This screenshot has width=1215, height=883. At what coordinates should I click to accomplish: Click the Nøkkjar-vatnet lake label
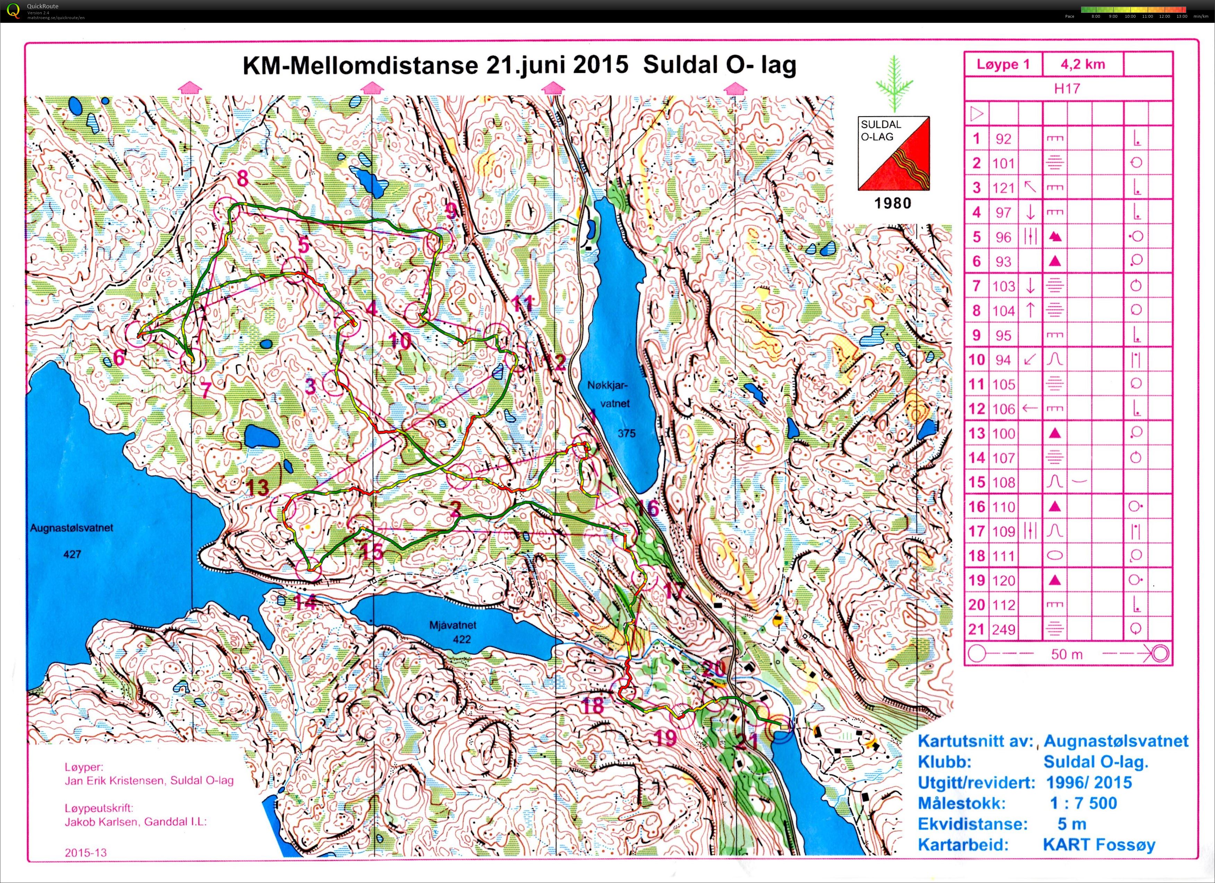pos(610,394)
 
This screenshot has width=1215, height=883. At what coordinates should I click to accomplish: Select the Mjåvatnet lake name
pos(453,625)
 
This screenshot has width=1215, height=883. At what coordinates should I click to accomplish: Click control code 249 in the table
pos(1003,630)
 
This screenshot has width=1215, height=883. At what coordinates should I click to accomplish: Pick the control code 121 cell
pos(1003,188)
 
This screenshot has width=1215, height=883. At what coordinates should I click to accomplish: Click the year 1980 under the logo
pos(892,203)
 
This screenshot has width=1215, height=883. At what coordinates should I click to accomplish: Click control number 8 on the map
pos(243,178)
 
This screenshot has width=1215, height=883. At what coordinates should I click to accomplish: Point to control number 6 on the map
pos(119,358)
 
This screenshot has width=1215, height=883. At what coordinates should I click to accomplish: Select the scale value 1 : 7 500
pos(1083,803)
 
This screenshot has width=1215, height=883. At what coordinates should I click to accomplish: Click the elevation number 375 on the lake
pos(626,433)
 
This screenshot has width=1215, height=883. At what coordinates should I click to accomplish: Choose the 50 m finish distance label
pos(1066,654)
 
